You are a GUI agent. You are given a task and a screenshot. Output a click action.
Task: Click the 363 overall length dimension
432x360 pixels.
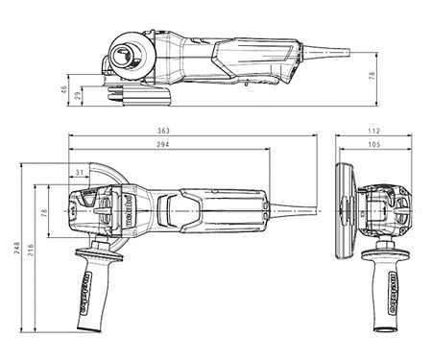(x=193, y=131)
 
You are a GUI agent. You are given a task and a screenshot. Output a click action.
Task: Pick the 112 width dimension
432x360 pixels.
(x=373, y=131)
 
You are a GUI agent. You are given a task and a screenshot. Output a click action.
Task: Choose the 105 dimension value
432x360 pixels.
(x=373, y=145)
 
